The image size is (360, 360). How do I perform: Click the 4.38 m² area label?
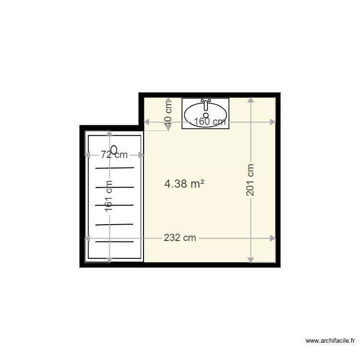tap(184, 183)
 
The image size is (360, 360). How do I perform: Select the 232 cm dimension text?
tap(180, 238)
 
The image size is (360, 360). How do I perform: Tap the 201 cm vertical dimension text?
tap(250, 180)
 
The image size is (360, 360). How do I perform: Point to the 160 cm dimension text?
tap(210, 122)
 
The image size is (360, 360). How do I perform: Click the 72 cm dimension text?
tap(114, 155)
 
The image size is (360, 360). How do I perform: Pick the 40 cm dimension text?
tap(168, 116)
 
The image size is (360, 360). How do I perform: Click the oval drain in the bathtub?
tap(114, 149)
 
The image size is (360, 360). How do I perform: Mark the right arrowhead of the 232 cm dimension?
tap(273, 238)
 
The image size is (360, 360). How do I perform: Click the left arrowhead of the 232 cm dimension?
tap(88, 238)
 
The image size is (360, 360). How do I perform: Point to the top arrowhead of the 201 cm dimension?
tap(250, 100)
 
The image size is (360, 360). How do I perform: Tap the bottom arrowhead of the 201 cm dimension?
tap(250, 259)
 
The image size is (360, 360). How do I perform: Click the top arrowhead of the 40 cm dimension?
tap(168, 101)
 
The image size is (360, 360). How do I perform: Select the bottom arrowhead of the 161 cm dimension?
tap(109, 259)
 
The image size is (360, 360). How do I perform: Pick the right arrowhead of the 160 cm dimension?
tap(273, 122)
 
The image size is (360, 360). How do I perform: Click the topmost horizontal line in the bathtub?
tap(114, 168)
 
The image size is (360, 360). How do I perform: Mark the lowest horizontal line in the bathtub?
tap(114, 242)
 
